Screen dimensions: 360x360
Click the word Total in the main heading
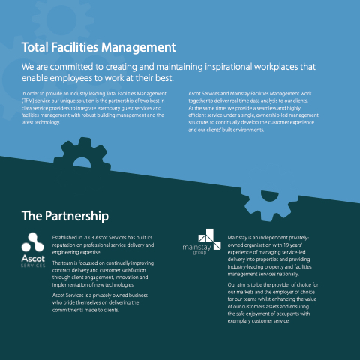tap(34, 47)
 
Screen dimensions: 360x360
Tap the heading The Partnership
tap(65, 216)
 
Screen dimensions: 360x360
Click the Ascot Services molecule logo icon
tap(33, 242)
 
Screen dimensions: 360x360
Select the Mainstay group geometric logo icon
tap(210, 239)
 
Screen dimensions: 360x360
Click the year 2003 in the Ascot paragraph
tap(88, 238)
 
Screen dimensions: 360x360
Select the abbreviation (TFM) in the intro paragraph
tap(28, 100)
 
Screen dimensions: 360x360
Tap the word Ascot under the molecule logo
tap(33, 258)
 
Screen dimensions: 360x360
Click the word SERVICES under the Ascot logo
tap(33, 265)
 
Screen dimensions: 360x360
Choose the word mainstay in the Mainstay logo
tap(196, 247)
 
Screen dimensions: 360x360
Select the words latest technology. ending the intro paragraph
tap(40, 122)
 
